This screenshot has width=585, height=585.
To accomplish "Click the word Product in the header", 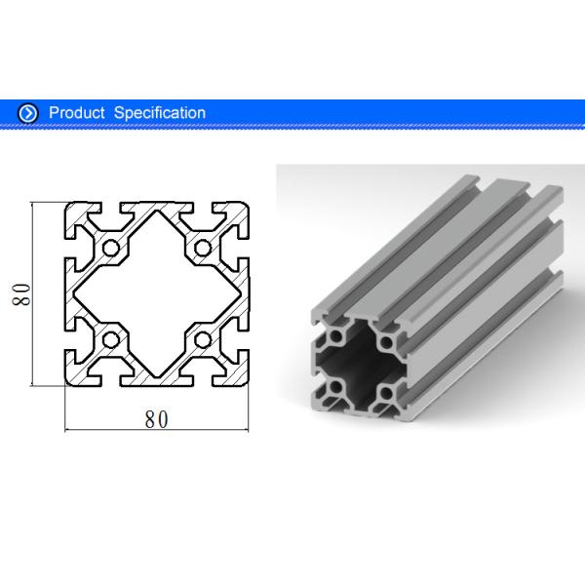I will click(77, 113).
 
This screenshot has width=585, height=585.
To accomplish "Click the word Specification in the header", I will click(160, 113).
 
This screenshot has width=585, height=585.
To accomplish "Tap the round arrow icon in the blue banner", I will click(28, 113).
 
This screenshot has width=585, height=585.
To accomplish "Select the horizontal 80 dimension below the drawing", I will click(156, 419).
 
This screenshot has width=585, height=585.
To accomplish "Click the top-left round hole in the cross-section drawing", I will click(110, 248).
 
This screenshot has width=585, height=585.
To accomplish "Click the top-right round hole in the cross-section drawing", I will click(203, 248).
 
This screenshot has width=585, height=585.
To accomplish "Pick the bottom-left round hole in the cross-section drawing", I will click(110, 340).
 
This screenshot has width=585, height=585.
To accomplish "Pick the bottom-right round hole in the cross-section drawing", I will click(203, 340).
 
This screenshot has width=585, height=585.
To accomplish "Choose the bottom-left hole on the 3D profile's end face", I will click(336, 388).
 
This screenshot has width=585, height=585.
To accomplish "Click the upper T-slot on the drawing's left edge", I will click(73, 248).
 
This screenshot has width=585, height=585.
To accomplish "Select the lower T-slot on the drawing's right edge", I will click(240, 340).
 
